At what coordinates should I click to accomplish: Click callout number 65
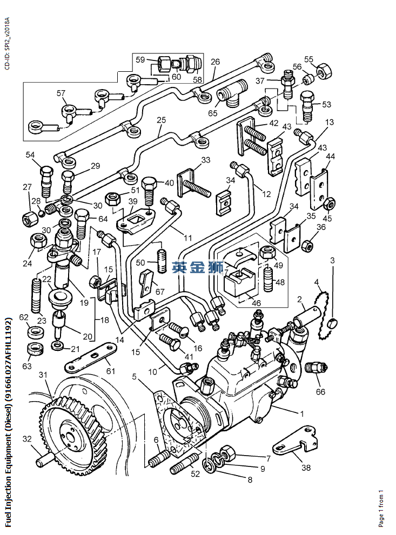pyautogui.click(x=212, y=113)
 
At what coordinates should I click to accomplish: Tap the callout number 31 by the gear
pyautogui.click(x=43, y=375)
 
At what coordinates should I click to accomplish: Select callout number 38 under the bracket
pyautogui.click(x=306, y=467)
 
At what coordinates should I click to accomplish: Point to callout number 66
pyautogui.click(x=320, y=392)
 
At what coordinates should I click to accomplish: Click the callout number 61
pyautogui.click(x=111, y=370)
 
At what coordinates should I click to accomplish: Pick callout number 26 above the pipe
pyautogui.click(x=215, y=62)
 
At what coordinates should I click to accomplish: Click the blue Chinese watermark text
pyautogui.click(x=197, y=268)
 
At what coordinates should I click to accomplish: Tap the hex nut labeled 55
pyautogui.click(x=323, y=71)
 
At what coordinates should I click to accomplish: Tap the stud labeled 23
pyautogui.click(x=37, y=295)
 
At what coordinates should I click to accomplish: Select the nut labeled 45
pyautogui.click(x=329, y=204)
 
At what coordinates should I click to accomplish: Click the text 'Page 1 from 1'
pyautogui.click(x=381, y=509)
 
